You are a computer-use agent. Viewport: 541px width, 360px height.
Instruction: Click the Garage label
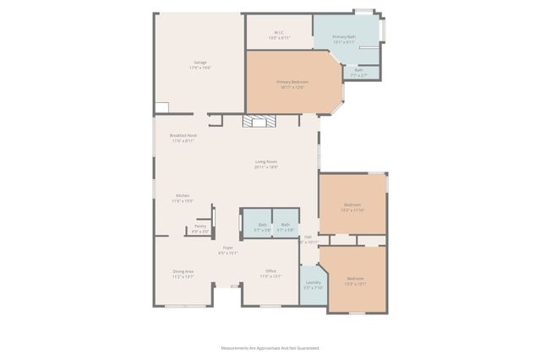pyautogui.click(x=200, y=65)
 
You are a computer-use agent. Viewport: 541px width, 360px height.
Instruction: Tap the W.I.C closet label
pyautogui.click(x=278, y=35)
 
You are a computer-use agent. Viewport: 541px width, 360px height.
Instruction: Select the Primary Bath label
pyautogui.click(x=344, y=39)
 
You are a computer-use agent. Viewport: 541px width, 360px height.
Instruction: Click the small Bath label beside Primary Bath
pyautogui.click(x=358, y=73)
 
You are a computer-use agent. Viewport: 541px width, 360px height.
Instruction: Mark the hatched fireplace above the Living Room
pyautogui.click(x=259, y=122)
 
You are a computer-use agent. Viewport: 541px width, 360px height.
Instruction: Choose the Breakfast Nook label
pyautogui.click(x=183, y=138)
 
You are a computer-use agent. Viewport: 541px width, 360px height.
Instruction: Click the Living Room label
pyautogui.click(x=266, y=164)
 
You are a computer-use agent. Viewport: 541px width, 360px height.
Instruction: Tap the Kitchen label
pyautogui.click(x=183, y=198)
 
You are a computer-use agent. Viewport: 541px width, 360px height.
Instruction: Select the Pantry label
pyautogui.click(x=199, y=228)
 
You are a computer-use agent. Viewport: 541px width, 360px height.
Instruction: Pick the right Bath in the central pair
pyautogui.click(x=285, y=226)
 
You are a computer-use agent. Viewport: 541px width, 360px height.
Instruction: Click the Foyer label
pyautogui.click(x=228, y=250)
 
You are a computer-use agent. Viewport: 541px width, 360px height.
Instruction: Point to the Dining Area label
pyautogui.click(x=183, y=273)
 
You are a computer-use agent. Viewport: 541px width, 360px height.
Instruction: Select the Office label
pyautogui.click(x=270, y=273)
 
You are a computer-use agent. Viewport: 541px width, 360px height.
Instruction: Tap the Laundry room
pyautogui.click(x=313, y=285)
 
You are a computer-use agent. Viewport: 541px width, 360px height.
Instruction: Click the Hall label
pyautogui.click(x=309, y=239)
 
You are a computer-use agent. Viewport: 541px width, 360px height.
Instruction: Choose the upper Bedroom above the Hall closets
pyautogui.click(x=352, y=207)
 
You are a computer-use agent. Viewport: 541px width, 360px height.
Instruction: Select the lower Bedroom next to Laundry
pyautogui.click(x=355, y=281)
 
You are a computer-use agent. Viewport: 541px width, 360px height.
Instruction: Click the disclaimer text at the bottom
pyautogui.click(x=270, y=347)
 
